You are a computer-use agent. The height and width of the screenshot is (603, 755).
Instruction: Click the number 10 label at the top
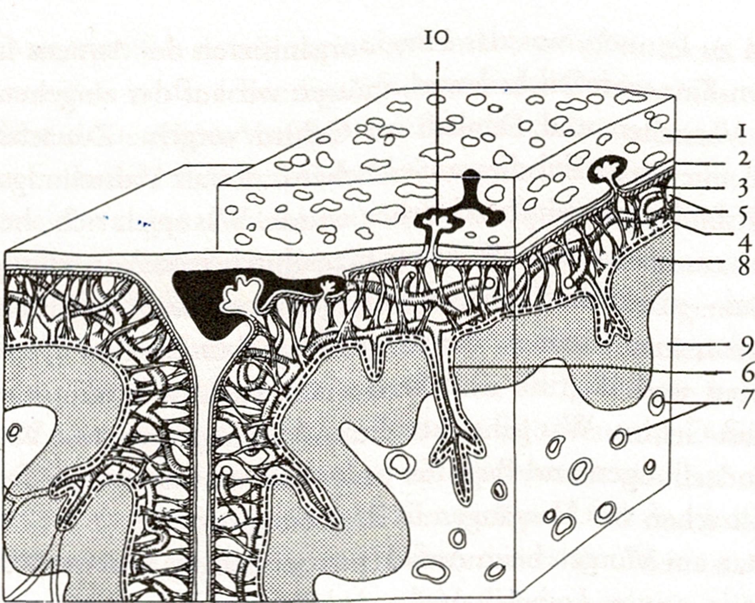(436, 39)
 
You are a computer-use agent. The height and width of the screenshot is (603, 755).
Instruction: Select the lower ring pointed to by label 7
(618, 439)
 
